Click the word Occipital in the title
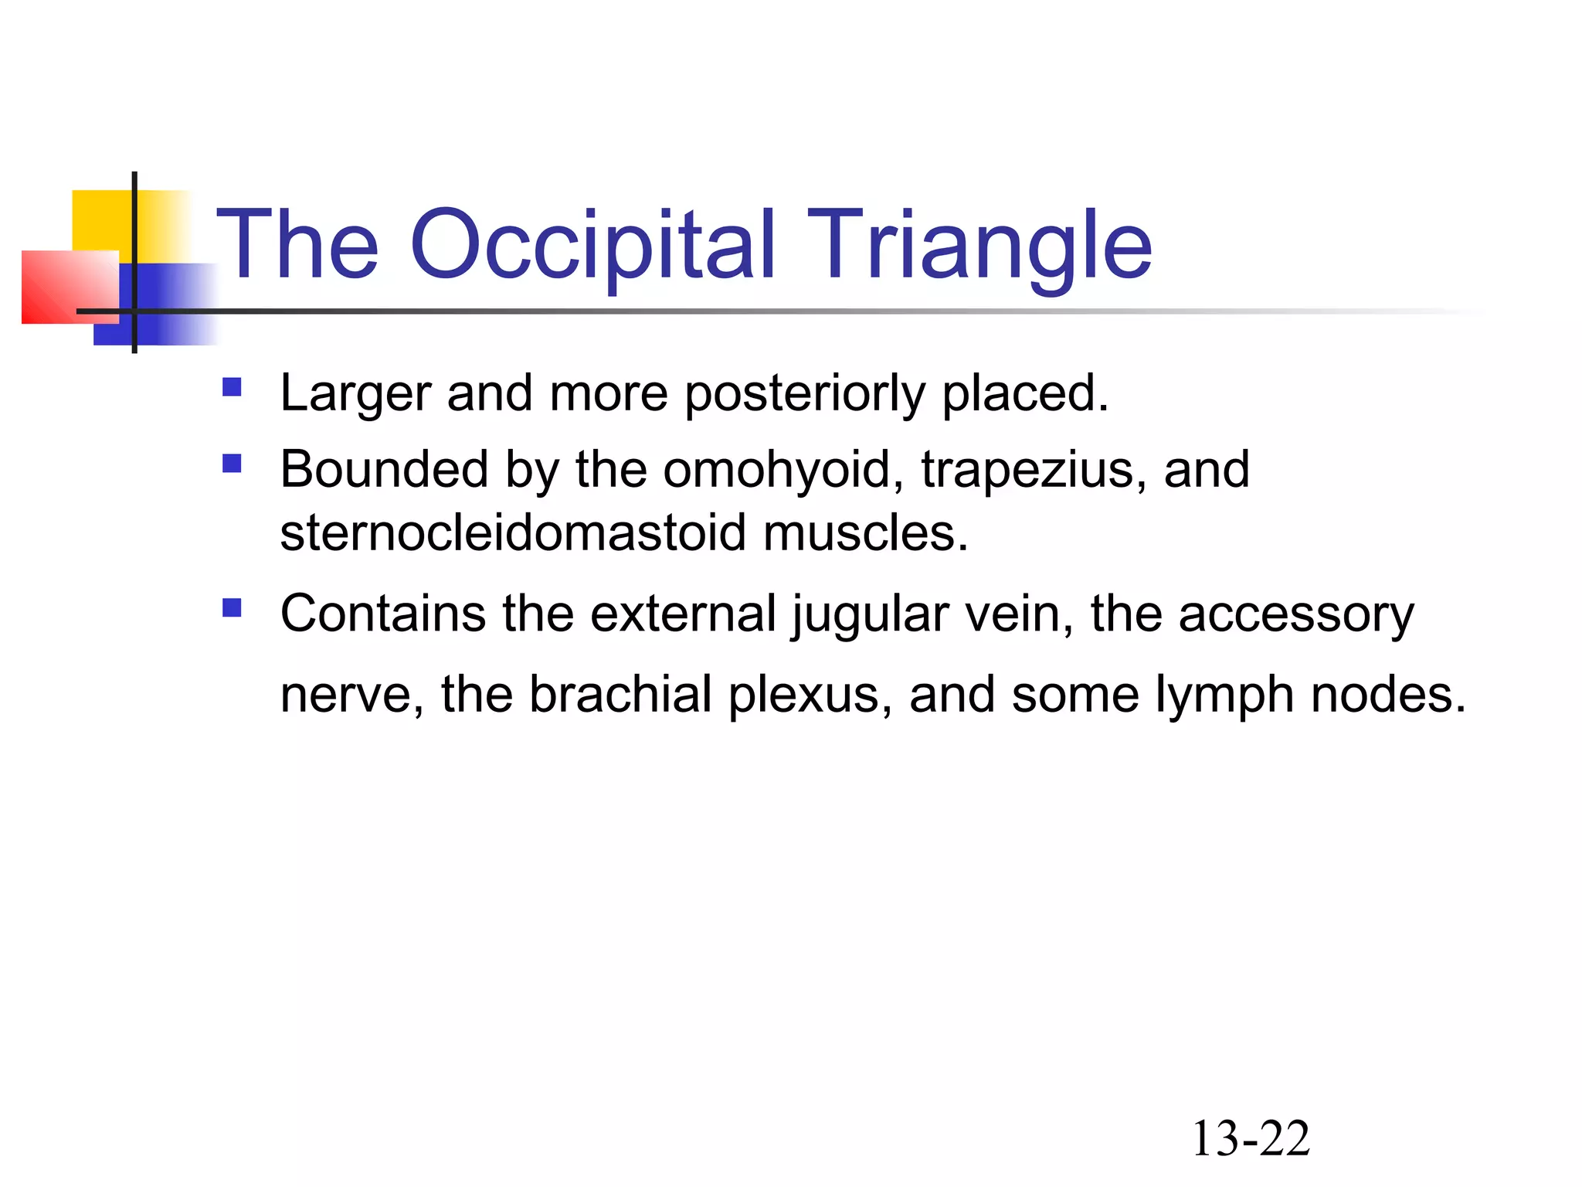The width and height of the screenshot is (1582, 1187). tap(592, 246)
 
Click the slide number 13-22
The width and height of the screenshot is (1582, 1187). tap(1251, 1138)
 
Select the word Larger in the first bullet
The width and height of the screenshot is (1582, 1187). tap(355, 394)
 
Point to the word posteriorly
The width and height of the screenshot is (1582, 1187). tap(804, 394)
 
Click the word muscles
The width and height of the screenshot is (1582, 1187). tap(865, 533)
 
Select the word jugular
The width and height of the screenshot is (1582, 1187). tap(870, 614)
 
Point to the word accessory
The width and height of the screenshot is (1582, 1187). tap(1295, 614)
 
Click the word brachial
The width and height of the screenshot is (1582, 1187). tap(620, 694)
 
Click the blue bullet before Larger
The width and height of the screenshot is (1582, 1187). tap(232, 386)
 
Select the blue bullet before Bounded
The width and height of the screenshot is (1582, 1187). tap(232, 463)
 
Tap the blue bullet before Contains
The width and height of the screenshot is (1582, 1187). tap(232, 607)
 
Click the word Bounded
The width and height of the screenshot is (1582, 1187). tap(384, 470)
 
